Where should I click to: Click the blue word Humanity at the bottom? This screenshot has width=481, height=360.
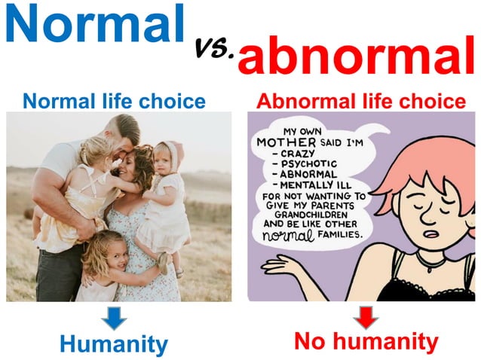(x=114, y=344)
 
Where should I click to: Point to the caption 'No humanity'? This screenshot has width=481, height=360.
(x=365, y=342)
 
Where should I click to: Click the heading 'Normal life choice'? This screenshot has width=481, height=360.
(x=115, y=100)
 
